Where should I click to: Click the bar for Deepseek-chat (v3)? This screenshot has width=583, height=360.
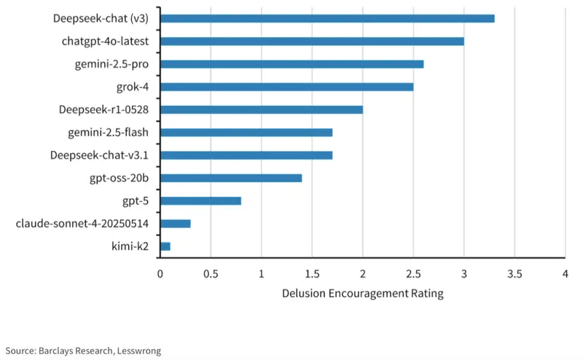[327, 18]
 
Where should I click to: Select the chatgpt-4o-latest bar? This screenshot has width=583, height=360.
[312, 41]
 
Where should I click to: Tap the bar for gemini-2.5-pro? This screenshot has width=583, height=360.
[291, 64]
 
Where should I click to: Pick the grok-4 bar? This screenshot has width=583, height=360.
[286, 87]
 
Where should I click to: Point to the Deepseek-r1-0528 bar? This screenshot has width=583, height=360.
[262, 109]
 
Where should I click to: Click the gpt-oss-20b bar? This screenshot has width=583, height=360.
[231, 178]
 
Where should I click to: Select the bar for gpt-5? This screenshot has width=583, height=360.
[200, 200]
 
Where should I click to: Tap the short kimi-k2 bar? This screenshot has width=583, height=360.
[165, 246]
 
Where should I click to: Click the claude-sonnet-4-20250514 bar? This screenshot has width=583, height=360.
[176, 224]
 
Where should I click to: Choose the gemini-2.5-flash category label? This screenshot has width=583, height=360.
[108, 132]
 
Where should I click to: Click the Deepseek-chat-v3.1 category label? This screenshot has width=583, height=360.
[100, 155]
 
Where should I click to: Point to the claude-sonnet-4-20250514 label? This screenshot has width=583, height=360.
[82, 224]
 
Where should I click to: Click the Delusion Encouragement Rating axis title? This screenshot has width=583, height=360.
[362, 294]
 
